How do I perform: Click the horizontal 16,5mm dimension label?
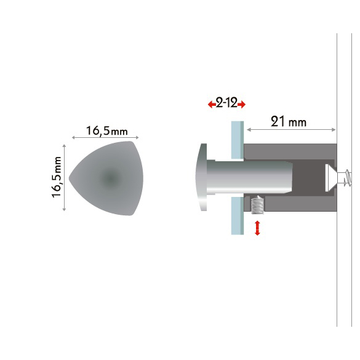tap(106, 131)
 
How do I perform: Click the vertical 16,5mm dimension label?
tap(57, 177)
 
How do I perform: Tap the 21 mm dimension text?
tap(289, 122)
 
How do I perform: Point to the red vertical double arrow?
tap(257, 228)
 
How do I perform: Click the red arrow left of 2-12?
tap(212, 105)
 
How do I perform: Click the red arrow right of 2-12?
tap(241, 105)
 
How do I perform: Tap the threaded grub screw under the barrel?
tap(257, 205)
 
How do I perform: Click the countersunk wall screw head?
tap(331, 178)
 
